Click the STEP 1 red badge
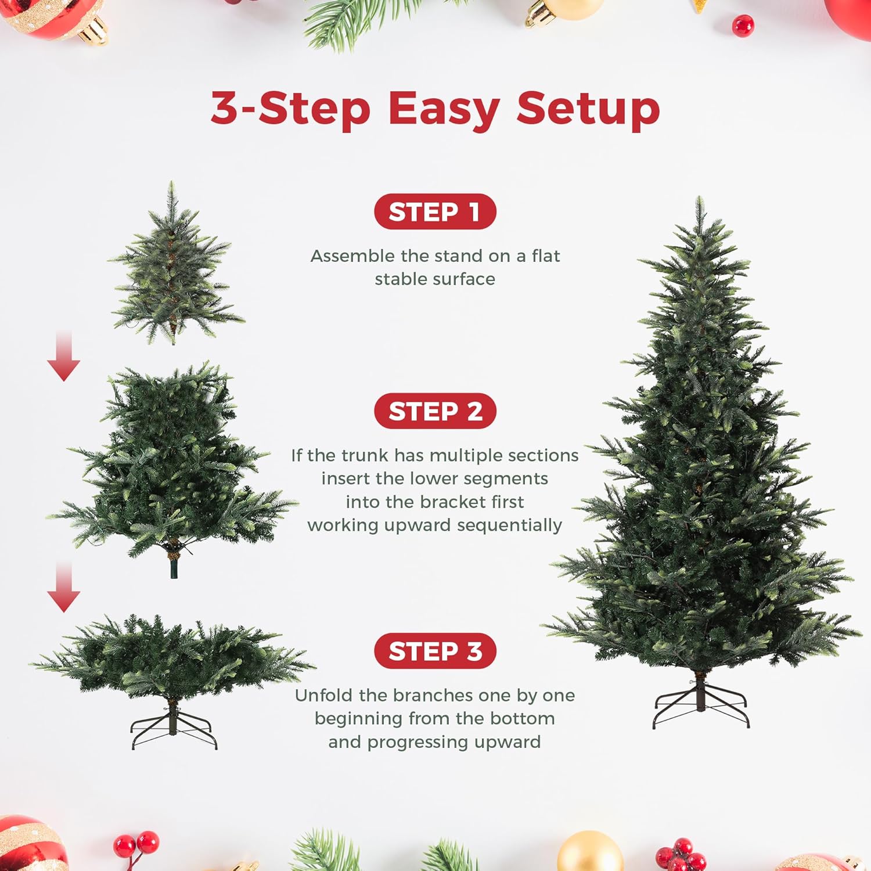coord(435,212)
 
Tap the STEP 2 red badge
coord(435,411)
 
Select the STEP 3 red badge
coord(435,651)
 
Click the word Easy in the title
coord(444,109)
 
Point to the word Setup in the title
coord(588,109)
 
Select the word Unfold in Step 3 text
coord(324,695)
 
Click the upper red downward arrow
coord(64,357)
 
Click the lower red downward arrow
coord(64,588)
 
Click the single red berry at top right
coord(743,26)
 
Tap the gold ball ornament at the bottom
coord(590,852)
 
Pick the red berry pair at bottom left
coord(137,844)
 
